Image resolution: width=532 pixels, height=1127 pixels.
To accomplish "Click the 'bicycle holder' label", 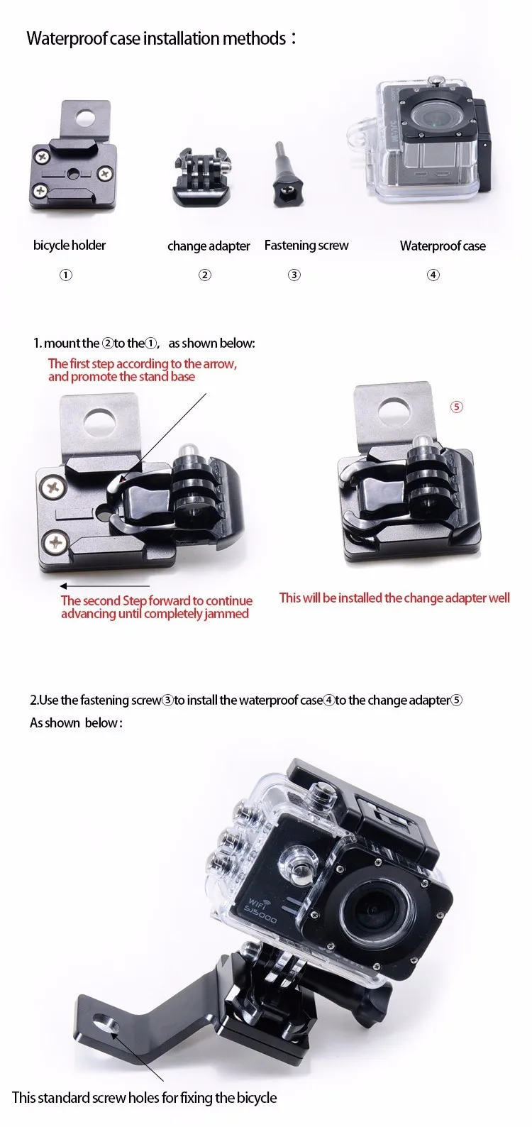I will [70, 246].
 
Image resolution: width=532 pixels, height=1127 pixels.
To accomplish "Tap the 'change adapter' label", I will [209, 246].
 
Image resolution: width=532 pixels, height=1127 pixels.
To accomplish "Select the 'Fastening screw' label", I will [306, 246].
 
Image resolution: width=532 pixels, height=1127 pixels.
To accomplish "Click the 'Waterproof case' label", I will [443, 246].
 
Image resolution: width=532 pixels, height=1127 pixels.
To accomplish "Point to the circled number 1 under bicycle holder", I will [66, 275].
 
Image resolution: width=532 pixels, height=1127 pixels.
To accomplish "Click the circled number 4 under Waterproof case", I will [433, 275].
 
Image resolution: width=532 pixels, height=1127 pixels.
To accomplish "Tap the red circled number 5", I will [457, 407].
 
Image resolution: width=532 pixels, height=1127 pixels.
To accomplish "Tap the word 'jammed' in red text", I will [227, 614].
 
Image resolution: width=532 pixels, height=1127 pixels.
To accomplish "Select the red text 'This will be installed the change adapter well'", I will [394, 598].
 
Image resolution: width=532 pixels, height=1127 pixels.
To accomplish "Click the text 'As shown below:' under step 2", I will [76, 723].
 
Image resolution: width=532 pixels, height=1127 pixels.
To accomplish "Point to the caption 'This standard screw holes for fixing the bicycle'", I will [145, 1098].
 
